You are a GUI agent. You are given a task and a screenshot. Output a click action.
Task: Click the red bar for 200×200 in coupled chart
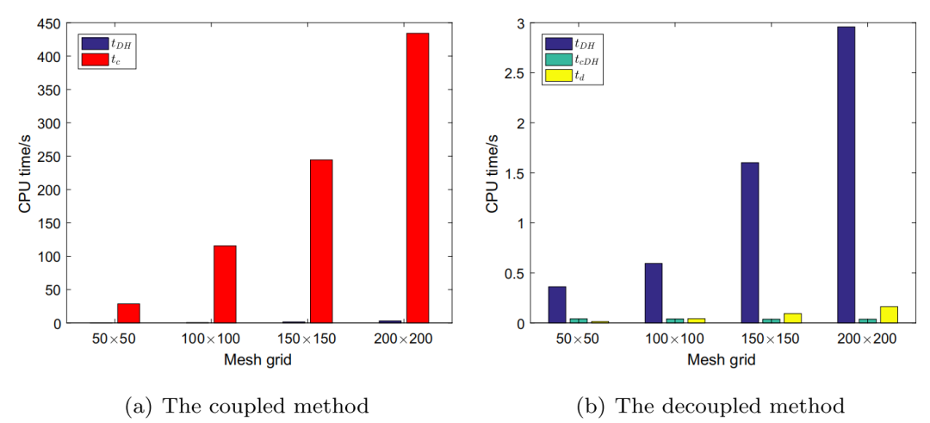tap(417, 177)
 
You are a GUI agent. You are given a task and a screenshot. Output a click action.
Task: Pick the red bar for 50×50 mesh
tap(128, 314)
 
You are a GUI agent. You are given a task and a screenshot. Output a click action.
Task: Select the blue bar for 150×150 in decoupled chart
tap(749, 243)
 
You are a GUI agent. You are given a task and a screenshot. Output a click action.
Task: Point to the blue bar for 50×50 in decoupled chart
tap(557, 305)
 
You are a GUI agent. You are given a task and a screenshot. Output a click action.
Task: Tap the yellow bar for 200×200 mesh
tap(890, 314)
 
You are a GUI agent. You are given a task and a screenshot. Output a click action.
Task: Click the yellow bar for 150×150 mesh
tap(793, 318)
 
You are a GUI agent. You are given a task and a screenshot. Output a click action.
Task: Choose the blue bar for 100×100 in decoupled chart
tap(654, 293)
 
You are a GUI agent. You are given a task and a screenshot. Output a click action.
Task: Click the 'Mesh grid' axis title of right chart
tap(722, 360)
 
